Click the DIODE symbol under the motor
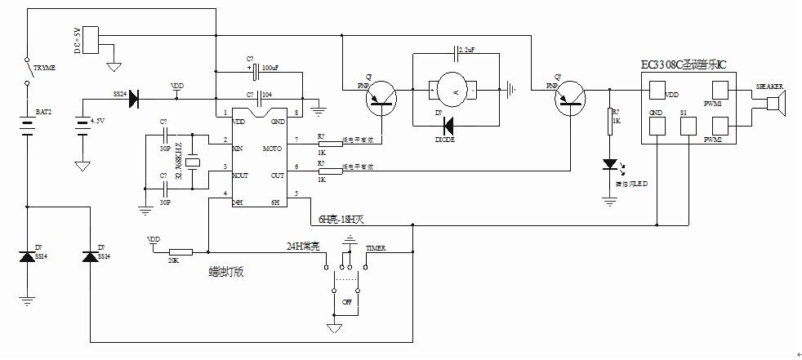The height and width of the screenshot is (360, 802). (448, 126)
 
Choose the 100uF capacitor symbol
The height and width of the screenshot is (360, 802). (256, 72)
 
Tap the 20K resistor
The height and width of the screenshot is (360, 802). (179, 252)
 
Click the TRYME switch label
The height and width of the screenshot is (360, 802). (45, 69)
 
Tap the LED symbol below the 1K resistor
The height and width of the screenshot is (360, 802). (608, 165)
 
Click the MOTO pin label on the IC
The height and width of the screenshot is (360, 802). (273, 149)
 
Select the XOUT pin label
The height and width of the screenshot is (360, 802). (241, 176)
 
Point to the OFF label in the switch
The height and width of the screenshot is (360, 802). (346, 301)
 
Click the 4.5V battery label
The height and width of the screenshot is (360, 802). (99, 119)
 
